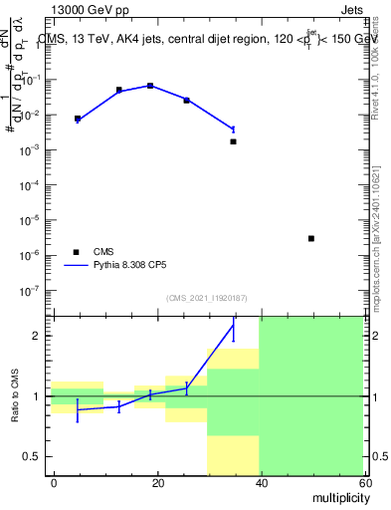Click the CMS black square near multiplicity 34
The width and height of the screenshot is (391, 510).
[233, 141]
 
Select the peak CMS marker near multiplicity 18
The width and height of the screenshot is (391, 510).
[150, 86]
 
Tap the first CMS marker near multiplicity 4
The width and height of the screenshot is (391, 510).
[78, 119]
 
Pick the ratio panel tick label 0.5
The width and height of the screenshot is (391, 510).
[38, 456]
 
